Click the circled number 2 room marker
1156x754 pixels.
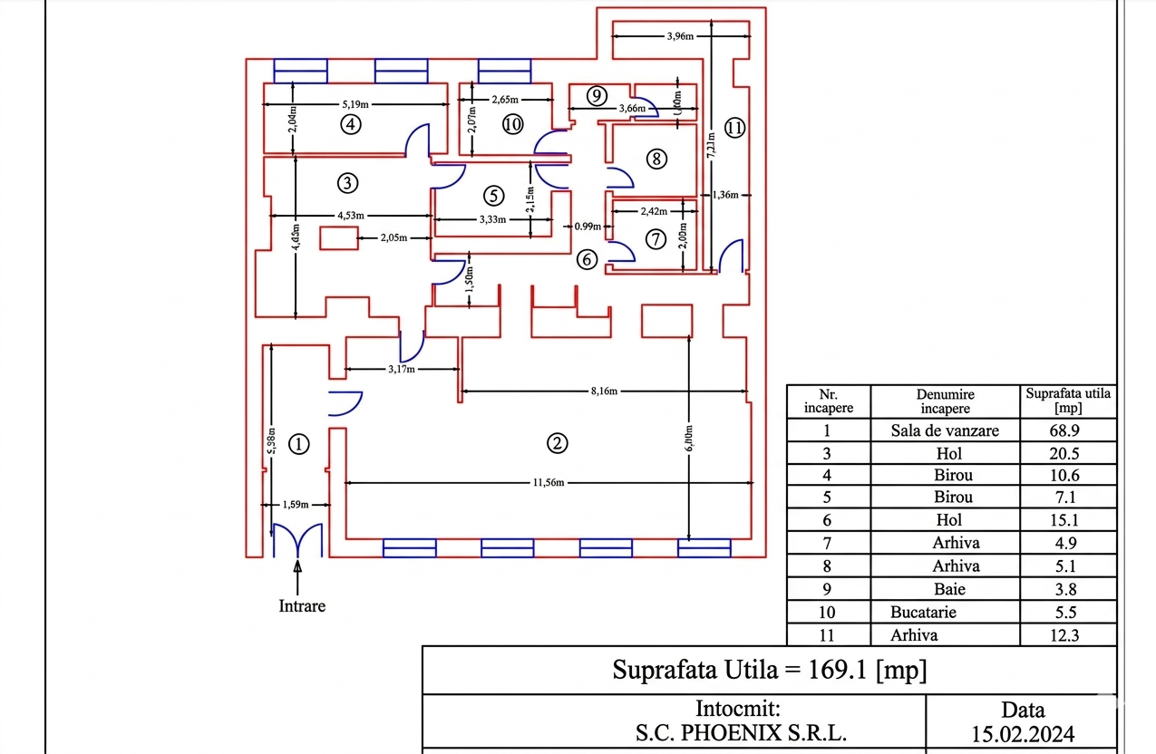click(557, 442)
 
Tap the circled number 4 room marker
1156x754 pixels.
click(351, 124)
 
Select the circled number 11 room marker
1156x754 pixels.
click(734, 128)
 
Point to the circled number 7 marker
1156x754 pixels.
click(656, 239)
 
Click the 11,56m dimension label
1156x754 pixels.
click(549, 482)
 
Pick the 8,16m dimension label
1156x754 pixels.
click(603, 391)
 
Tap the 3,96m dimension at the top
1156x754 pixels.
click(680, 37)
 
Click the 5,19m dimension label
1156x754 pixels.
click(357, 103)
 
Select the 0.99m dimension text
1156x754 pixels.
click(588, 227)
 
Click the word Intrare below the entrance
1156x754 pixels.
click(301, 605)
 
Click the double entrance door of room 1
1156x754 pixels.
click(297, 540)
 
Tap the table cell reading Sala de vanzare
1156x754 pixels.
click(945, 430)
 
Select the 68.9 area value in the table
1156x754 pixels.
click(1068, 430)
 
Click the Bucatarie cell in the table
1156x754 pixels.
click(923, 612)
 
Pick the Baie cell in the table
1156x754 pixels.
click(949, 589)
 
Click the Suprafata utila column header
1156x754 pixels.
click(1068, 401)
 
